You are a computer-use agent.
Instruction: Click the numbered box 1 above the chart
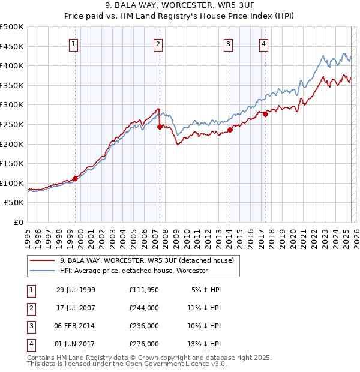pos(73,43)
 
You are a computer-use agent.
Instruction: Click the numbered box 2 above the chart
pos(157,43)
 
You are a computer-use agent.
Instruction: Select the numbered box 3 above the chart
pos(229,43)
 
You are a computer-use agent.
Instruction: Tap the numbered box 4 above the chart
pos(264,43)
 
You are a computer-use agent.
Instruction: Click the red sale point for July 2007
pos(160,127)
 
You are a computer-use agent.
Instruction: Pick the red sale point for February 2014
pos(230,130)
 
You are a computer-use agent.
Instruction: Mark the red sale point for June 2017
pos(265,114)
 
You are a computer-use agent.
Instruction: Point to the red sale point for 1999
pos(76,178)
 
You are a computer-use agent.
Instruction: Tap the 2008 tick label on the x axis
pos(166,235)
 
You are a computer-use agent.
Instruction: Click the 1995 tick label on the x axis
pos(28,235)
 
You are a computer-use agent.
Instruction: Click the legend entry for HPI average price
pos(133,271)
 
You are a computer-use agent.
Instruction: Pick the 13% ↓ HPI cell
pos(205,344)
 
